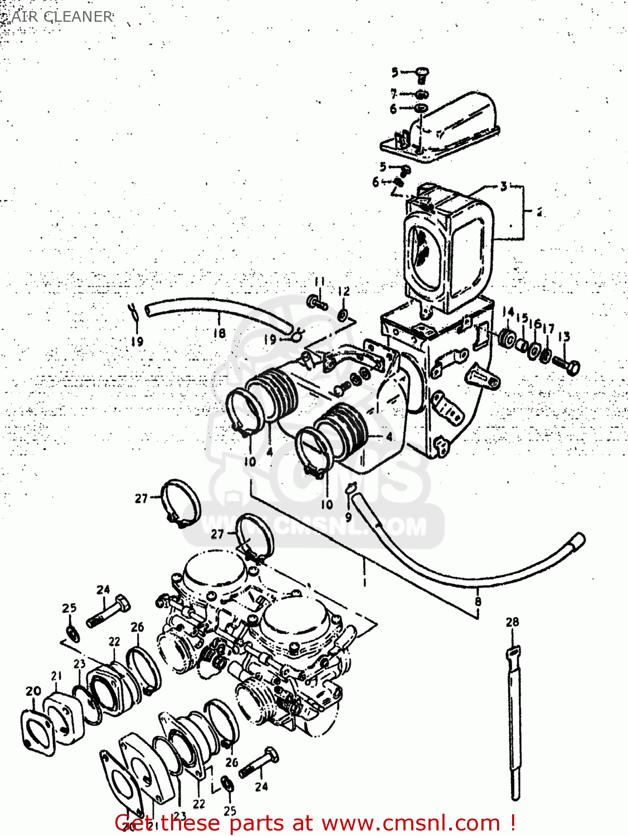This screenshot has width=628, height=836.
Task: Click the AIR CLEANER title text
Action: tap(62, 17)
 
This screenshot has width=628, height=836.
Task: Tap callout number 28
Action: tap(512, 622)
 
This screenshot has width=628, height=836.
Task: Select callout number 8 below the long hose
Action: tap(478, 601)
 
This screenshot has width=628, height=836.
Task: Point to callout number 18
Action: tap(220, 333)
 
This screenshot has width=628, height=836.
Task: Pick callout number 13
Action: tap(564, 336)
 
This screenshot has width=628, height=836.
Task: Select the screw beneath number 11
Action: tap(317, 303)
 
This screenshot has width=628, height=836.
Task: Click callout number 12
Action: tap(344, 291)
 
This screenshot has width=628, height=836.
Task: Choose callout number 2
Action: tap(539, 212)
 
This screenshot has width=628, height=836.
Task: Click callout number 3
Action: tap(504, 186)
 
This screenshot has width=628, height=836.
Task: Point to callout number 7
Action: tap(393, 94)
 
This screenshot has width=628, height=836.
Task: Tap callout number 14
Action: tap(507, 312)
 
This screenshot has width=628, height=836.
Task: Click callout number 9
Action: tap(348, 516)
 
